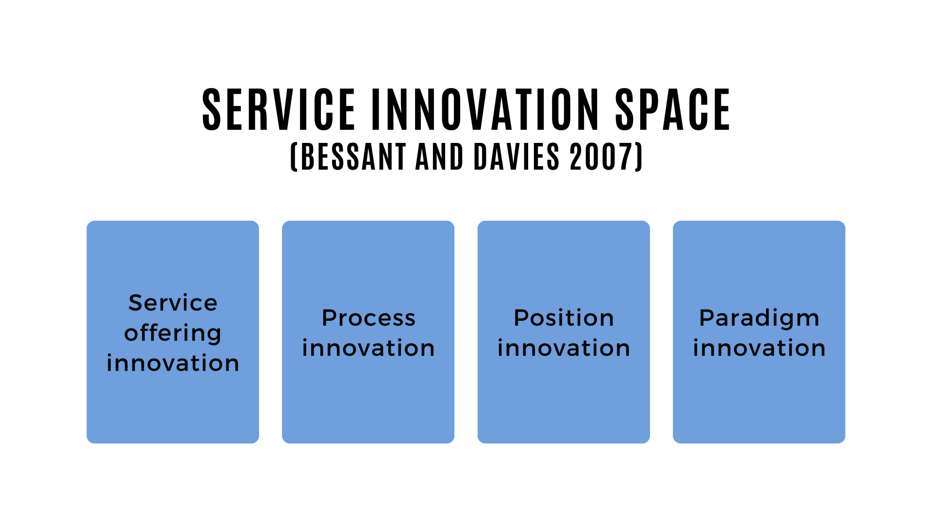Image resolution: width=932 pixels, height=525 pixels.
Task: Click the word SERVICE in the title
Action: click(279, 110)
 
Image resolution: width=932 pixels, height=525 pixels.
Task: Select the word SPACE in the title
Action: click(673, 110)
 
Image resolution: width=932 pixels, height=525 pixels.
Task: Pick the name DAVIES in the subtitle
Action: click(516, 157)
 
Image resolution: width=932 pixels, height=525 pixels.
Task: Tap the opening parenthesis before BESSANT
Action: click(294, 157)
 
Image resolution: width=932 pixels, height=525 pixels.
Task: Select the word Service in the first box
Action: click(173, 303)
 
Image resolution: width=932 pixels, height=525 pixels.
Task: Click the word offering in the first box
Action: click(173, 333)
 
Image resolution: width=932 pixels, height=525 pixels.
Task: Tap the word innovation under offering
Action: click(173, 363)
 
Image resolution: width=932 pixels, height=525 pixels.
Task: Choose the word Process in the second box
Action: click(368, 318)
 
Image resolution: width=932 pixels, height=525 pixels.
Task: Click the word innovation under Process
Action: click(368, 348)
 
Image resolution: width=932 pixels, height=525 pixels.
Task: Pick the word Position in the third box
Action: click(564, 318)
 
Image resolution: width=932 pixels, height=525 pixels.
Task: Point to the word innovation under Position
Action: click(564, 348)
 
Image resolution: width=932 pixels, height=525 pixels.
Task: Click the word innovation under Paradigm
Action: click(759, 348)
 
